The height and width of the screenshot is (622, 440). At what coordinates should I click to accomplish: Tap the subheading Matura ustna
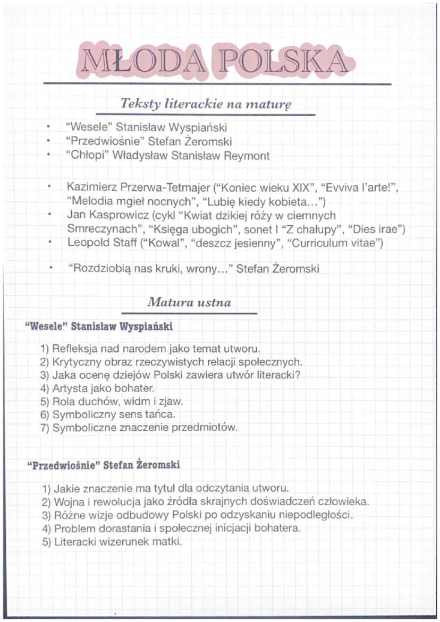[x=189, y=303]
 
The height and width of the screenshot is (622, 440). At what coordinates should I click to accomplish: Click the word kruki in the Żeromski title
[x=166, y=269]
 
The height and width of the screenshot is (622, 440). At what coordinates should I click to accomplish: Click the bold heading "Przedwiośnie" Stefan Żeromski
[x=104, y=465]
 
